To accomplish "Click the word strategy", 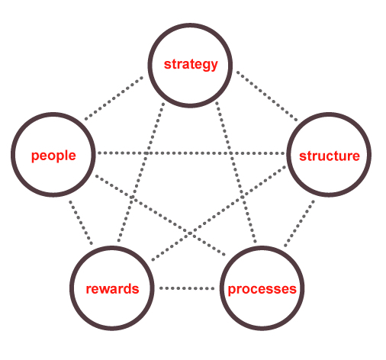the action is click(191, 65).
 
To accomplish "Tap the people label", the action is click(53, 156).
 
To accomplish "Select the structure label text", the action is click(330, 156).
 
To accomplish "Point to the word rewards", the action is click(112, 289).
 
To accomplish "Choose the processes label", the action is click(262, 289).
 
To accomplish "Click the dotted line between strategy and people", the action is click(114, 98).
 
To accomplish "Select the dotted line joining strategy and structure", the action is click(267, 96).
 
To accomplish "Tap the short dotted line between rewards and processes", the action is click(187, 288).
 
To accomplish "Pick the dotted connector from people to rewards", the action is click(81, 223).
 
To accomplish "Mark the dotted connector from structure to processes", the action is click(299, 223).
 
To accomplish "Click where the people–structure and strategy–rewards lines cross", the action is click(146, 153).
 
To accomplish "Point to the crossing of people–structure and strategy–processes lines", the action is click(231, 153).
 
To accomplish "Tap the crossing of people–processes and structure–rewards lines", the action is click(190, 233).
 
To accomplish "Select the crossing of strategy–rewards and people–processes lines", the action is click(132, 197).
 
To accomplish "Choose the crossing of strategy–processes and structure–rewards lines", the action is click(243, 197).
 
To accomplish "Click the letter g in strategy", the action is click(205, 66).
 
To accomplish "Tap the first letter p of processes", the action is click(232, 291).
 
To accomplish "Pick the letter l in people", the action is click(66, 155).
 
